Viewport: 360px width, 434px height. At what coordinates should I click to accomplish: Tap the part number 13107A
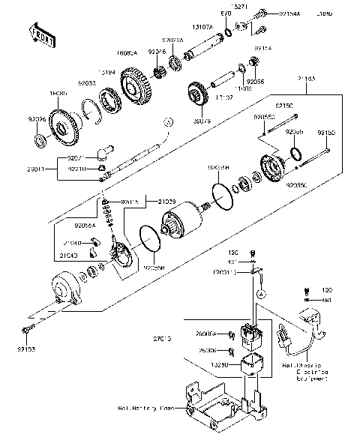tap(203, 26)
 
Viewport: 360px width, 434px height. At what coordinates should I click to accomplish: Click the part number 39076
tap(201, 121)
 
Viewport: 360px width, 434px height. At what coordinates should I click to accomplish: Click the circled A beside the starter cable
tap(169, 121)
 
